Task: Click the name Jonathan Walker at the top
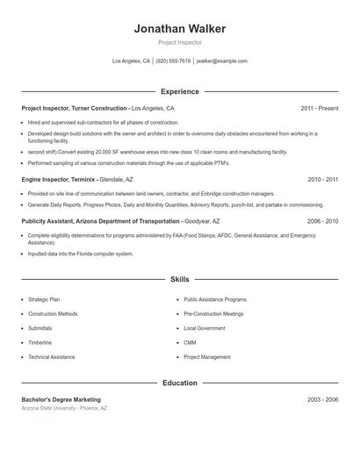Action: tap(179, 28)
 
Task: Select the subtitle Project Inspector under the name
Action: tap(179, 42)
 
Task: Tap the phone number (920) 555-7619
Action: tap(173, 61)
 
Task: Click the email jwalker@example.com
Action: tap(222, 61)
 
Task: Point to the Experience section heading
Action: tap(179, 91)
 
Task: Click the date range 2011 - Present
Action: tap(319, 108)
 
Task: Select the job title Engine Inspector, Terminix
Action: tap(70, 179)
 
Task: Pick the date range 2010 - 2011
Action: tap(322, 179)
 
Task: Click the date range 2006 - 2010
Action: tap(322, 222)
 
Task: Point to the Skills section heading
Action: tap(179, 280)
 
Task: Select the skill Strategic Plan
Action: tap(45, 299)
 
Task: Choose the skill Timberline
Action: tap(40, 342)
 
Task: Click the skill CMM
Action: tap(190, 342)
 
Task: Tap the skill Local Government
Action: tap(205, 328)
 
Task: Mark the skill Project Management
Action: tap(207, 357)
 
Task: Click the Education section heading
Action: tap(179, 383)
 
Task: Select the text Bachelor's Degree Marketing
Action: tap(61, 399)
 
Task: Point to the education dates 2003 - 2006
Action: tap(322, 399)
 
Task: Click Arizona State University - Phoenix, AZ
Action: tap(64, 409)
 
